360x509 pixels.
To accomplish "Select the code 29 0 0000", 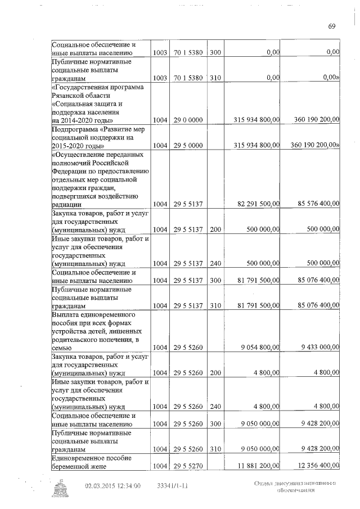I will [188, 120].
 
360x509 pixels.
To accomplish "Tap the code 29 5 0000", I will [188, 145].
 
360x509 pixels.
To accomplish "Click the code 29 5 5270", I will [188, 466].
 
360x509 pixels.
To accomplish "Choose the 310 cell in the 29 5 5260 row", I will [216, 450].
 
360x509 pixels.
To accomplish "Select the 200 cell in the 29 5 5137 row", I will [216, 229].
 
